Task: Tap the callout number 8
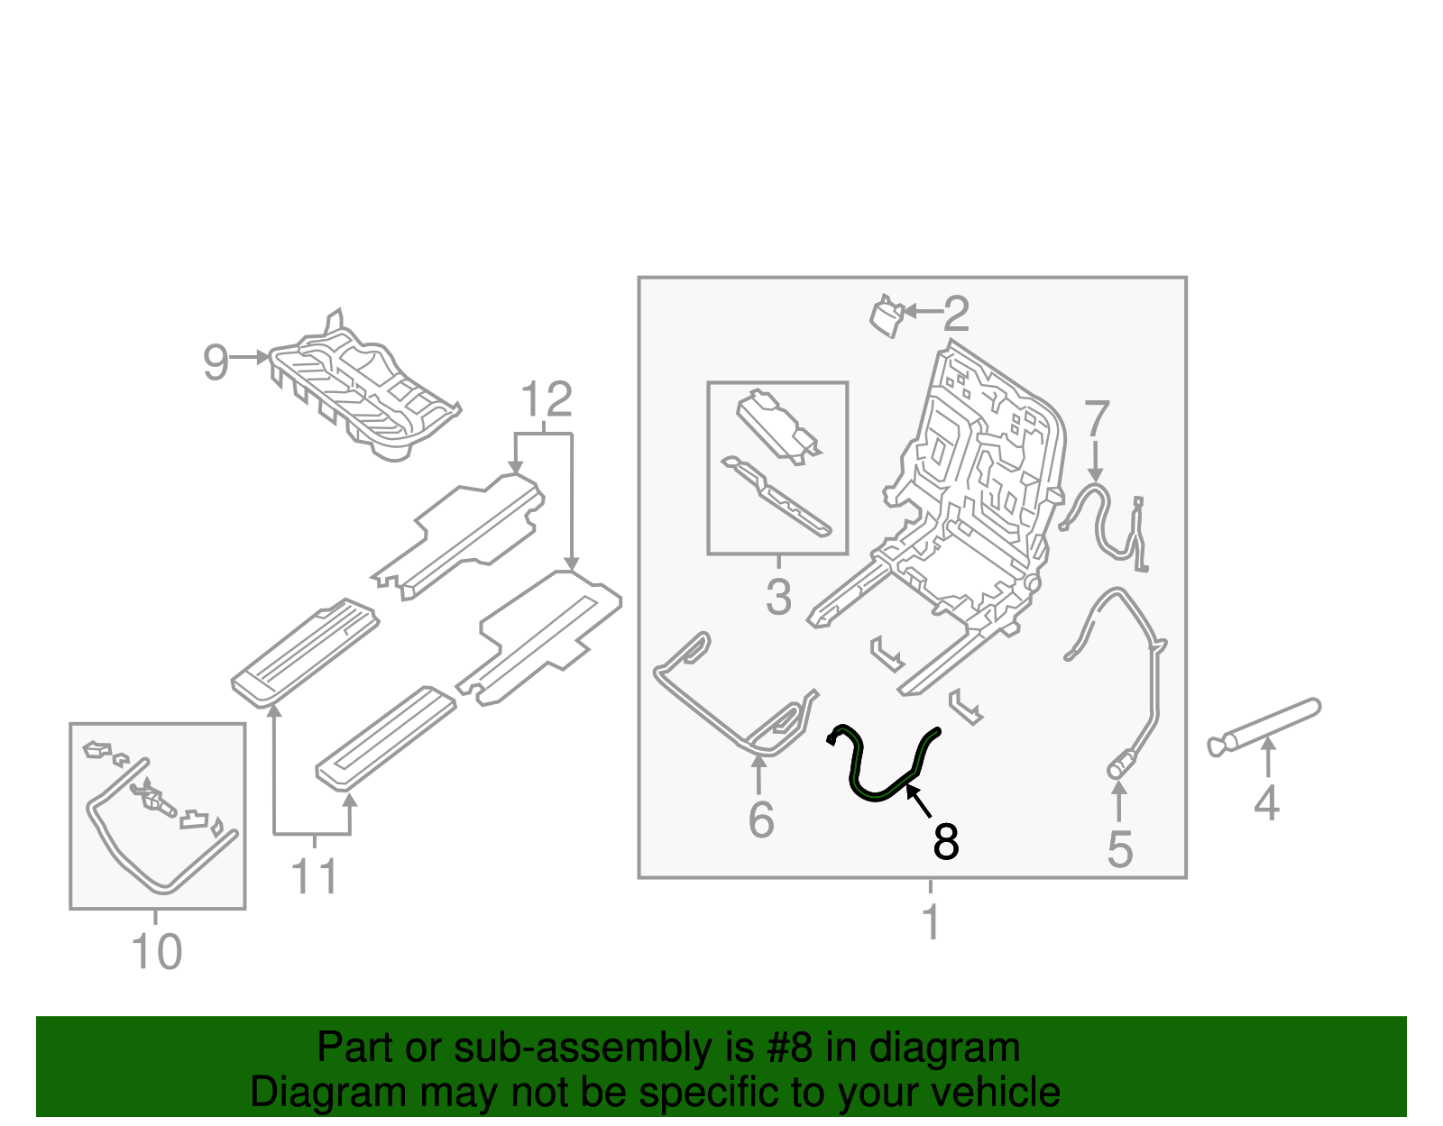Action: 945,842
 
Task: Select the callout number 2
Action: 956,314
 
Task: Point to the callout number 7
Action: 1096,419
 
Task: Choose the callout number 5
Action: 1119,849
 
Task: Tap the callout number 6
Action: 761,819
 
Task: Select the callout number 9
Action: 215,362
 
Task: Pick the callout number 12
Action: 547,399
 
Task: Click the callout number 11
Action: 314,876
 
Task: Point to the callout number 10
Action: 157,952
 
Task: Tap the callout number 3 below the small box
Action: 778,597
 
